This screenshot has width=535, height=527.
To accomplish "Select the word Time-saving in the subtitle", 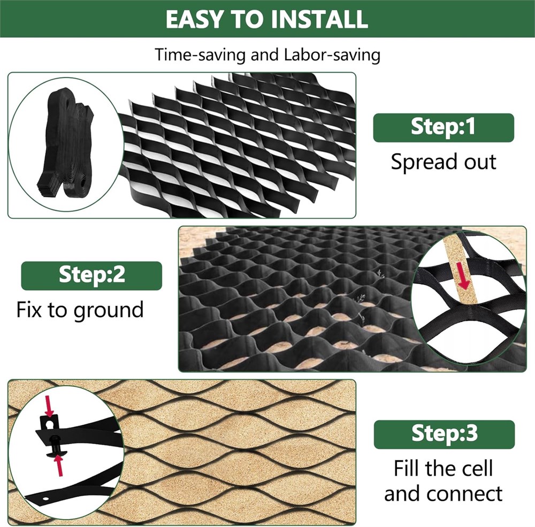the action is pyautogui.click(x=200, y=55).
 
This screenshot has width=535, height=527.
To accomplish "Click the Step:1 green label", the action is pyautogui.click(x=443, y=128).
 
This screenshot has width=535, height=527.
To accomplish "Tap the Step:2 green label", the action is pyautogui.click(x=91, y=276).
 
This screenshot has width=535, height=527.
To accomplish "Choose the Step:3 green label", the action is pyautogui.click(x=444, y=434).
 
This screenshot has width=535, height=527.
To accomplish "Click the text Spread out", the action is pyautogui.click(x=443, y=162).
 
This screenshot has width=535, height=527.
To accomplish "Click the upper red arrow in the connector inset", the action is pyautogui.click(x=49, y=406).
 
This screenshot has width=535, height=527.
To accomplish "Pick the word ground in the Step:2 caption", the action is pyautogui.click(x=109, y=311).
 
